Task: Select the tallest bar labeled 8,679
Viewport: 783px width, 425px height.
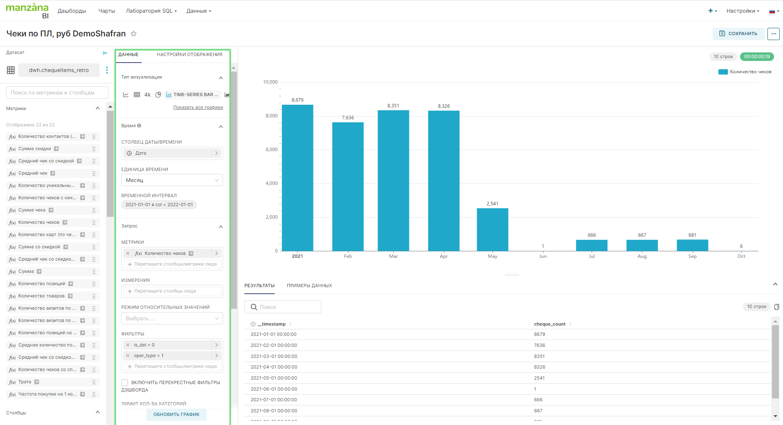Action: (x=298, y=178)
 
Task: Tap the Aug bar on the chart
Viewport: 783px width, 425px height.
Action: (x=642, y=245)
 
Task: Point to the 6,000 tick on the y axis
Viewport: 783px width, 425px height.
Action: (x=271, y=150)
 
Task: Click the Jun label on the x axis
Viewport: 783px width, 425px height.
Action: (x=543, y=256)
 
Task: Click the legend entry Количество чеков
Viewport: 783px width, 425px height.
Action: (x=745, y=72)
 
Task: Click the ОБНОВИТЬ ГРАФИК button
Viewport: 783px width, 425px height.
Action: (x=176, y=414)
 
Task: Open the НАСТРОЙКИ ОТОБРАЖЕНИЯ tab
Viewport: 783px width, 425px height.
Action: (x=190, y=54)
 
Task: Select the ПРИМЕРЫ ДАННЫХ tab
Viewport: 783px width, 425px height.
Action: (x=309, y=286)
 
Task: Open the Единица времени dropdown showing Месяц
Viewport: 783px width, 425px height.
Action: (x=172, y=180)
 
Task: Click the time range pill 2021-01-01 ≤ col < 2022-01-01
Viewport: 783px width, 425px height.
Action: (x=159, y=205)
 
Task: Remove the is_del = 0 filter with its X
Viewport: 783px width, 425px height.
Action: (x=128, y=345)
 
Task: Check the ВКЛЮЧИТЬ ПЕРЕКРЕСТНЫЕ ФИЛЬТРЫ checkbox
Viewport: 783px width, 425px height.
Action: (x=125, y=382)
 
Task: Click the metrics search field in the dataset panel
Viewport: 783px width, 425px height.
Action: (x=57, y=93)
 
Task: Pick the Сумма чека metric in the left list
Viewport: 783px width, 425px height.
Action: (x=32, y=210)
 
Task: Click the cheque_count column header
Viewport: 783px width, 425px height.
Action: (x=549, y=324)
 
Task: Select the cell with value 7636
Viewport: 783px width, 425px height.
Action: (x=539, y=345)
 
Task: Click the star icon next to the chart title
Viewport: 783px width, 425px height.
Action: (x=133, y=34)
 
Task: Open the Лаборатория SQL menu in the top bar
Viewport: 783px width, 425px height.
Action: (x=151, y=11)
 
